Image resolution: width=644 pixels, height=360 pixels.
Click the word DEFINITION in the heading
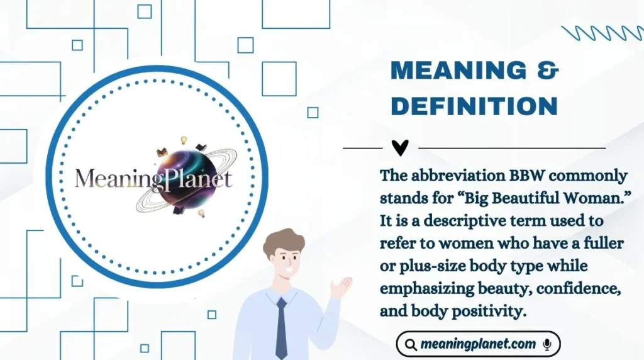coord(474,106)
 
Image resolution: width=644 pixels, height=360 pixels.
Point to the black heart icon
coord(400,148)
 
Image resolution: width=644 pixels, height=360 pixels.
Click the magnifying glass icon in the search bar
coord(411,344)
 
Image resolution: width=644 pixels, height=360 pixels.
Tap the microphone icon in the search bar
coord(547,344)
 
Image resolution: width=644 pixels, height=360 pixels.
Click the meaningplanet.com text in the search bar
coord(479,344)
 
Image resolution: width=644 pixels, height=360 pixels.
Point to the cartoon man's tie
coord(281,327)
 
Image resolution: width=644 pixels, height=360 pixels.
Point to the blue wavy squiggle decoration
coord(601,33)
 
